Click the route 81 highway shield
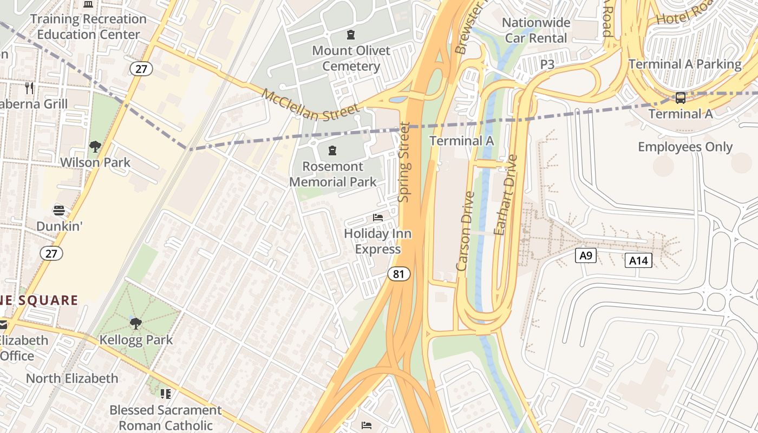[398, 274]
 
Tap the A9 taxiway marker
[585, 255]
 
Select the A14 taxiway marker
[638, 260]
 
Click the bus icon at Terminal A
[681, 98]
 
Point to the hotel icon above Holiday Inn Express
[378, 218]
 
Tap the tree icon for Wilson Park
[95, 146]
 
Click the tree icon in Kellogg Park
[136, 324]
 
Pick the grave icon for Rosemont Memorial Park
[332, 150]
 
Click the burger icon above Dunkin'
[59, 210]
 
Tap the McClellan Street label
[311, 105]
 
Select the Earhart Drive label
[506, 195]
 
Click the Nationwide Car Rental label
[536, 30]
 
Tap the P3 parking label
[547, 64]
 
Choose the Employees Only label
[685, 147]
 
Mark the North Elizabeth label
[72, 378]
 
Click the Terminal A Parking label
[685, 64]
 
